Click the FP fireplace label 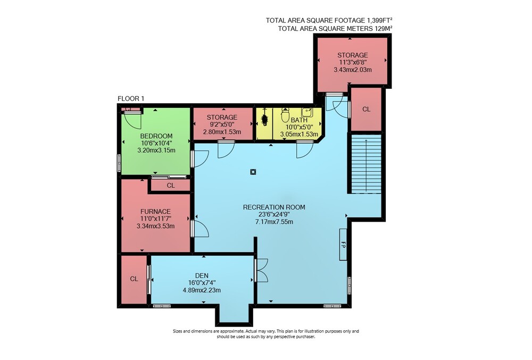pos(343,245)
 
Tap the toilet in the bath pos(285,115)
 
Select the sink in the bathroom pos(306,112)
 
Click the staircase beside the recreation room pos(366,164)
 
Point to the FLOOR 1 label pos(131,99)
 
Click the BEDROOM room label pos(156,136)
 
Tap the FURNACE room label pos(155,211)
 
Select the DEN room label pos(202,275)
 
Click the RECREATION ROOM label pos(274,207)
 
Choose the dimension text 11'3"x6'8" pos(353,62)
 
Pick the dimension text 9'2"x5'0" pos(222,124)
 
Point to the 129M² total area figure pos(384,29)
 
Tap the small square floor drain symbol pos(253,172)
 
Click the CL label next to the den pos(134,279)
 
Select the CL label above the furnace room pos(171,186)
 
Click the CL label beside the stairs pos(366,109)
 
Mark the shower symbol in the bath pos(264,119)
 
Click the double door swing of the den pos(262,270)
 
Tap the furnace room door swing pos(201,229)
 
